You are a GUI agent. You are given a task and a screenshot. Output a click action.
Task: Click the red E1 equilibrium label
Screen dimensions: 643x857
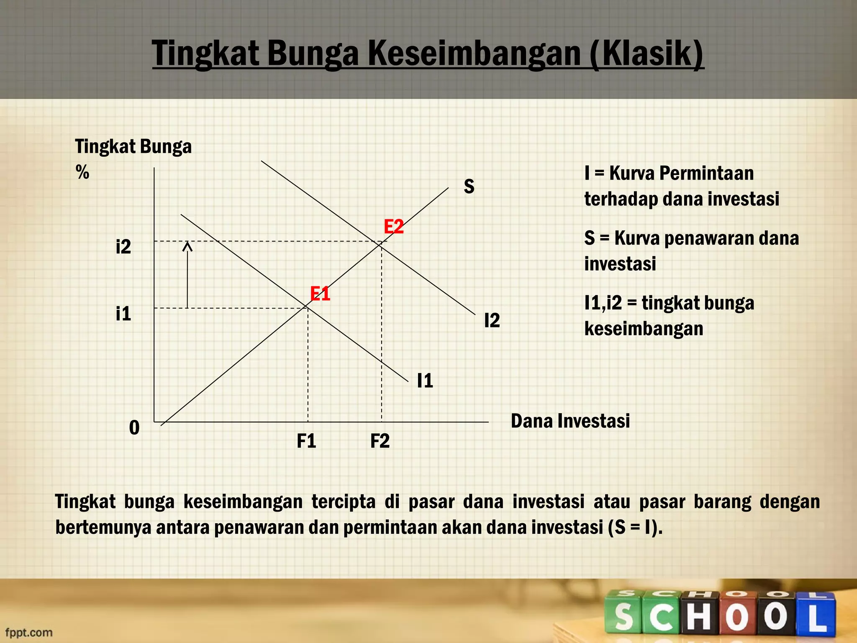(x=320, y=294)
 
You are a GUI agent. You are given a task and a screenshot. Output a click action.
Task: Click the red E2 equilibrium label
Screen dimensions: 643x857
(x=394, y=227)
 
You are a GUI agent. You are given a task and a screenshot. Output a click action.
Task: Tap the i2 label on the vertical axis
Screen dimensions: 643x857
(x=123, y=247)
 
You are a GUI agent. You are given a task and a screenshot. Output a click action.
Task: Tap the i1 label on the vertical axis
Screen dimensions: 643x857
(x=123, y=314)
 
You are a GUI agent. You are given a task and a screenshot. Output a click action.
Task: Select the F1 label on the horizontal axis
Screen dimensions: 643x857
(x=306, y=441)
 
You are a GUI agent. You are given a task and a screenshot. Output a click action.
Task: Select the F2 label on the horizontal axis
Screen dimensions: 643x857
(x=380, y=441)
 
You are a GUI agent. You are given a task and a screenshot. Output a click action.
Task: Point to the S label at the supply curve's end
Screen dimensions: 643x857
(x=469, y=187)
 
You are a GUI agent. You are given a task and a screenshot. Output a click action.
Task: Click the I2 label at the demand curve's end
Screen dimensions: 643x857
(x=492, y=321)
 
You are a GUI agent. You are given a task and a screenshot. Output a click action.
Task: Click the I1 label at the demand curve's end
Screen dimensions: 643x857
(x=425, y=381)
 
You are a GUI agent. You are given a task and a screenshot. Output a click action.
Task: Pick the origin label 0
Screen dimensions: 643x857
(x=134, y=428)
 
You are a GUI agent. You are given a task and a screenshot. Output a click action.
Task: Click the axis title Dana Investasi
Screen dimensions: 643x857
(x=570, y=421)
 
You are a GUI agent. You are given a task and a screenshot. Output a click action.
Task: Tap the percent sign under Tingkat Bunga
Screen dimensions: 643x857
(x=82, y=172)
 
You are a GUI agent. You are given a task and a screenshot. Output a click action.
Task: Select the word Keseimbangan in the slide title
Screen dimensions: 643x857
(x=474, y=54)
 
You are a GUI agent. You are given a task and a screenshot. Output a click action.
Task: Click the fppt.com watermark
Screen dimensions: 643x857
(x=29, y=632)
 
